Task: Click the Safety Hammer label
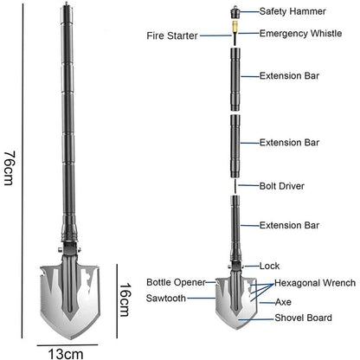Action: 292,11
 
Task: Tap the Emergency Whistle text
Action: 300,34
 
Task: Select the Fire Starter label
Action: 172,35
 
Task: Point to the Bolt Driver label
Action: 282,186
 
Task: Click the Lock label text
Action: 269,266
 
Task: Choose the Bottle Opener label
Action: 176,282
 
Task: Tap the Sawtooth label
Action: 166,298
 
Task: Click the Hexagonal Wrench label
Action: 315,283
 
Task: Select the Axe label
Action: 283,302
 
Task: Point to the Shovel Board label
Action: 303,318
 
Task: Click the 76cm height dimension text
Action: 9,168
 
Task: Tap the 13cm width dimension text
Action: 66,354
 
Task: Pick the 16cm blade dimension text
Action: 125,299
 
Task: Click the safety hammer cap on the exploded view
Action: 235,12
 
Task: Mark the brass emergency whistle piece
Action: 235,27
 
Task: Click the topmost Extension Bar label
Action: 289,76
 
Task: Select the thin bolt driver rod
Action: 235,186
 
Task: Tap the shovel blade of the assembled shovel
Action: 70,300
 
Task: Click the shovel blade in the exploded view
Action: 236,302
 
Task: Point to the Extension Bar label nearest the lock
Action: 289,225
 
